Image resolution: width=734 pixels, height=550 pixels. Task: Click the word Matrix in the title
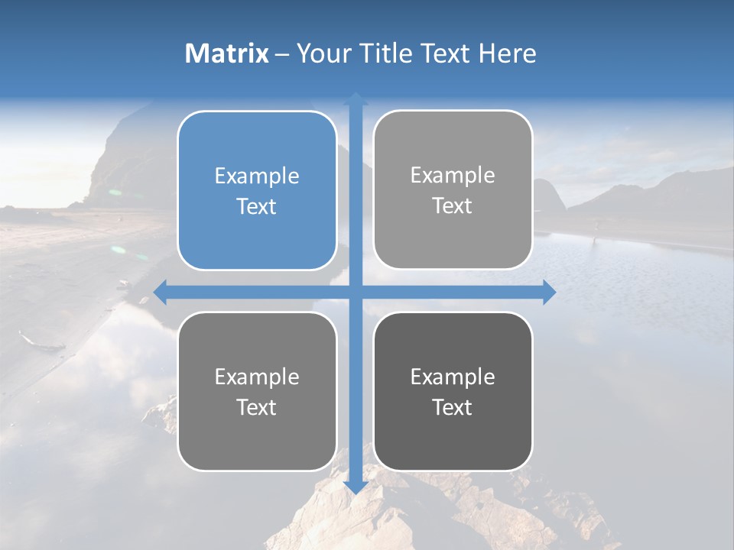click(x=227, y=53)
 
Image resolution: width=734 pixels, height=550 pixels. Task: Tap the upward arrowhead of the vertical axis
click(x=356, y=99)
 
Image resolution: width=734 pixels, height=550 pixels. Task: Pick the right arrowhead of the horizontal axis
click(x=549, y=292)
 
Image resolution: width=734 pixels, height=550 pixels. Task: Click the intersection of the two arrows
click(x=356, y=292)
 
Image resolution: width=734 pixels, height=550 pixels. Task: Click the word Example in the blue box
click(x=257, y=176)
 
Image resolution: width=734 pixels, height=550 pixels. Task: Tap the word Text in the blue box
click(x=257, y=206)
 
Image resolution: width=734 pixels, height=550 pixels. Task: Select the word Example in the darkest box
click(x=453, y=377)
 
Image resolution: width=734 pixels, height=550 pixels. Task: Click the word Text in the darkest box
click(x=453, y=407)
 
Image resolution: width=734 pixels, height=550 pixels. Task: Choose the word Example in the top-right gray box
click(x=453, y=175)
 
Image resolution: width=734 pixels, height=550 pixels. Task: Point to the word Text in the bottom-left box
click(x=257, y=407)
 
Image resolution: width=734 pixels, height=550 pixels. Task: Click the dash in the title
click(x=282, y=53)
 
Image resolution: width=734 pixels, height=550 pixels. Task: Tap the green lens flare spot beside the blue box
click(x=119, y=249)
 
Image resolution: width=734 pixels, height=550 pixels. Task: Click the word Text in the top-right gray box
click(x=453, y=205)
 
